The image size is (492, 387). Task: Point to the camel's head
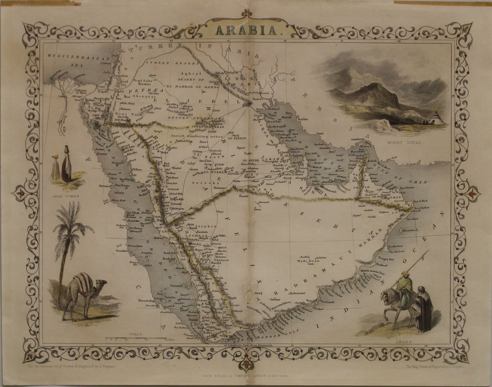click(x=102, y=282)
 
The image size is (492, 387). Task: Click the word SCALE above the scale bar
click(x=131, y=334)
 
